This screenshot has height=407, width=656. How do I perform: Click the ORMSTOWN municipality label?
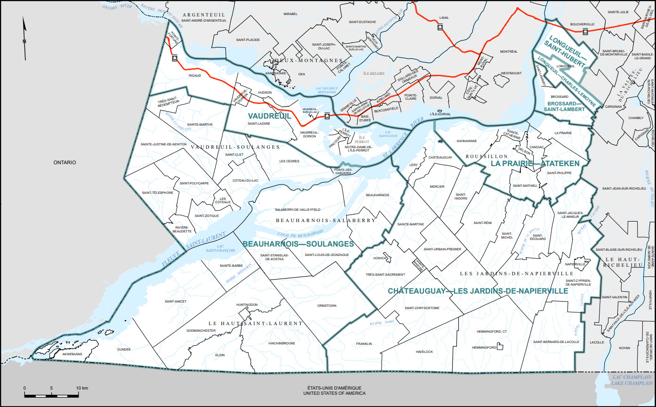coord(327,306)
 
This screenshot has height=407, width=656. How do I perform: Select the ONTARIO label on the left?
coord(64,162)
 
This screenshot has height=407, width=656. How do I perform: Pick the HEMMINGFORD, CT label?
coord(491,332)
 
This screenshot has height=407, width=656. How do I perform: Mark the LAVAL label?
coord(444,18)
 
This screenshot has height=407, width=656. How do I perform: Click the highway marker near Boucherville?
coord(585,32)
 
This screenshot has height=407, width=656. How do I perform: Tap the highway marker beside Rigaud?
coord(175,58)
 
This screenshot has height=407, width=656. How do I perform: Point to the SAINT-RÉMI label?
coord(482,223)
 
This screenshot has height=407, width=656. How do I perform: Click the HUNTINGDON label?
coord(247,305)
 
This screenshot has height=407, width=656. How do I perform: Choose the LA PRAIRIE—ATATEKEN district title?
coord(535,163)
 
